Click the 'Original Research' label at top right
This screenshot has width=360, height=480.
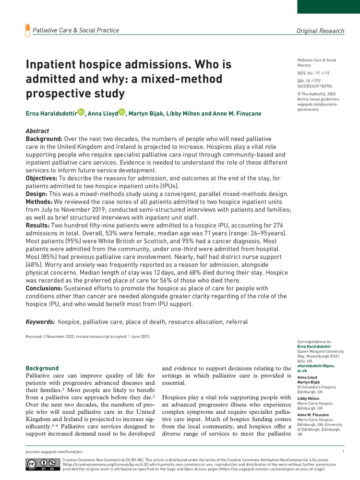pyautogui.click(x=320, y=31)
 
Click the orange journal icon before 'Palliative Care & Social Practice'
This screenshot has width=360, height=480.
pyautogui.click(x=27, y=31)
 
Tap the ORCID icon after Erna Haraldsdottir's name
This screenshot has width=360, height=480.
pyautogui.click(x=94, y=112)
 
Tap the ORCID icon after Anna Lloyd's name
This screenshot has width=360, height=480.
pyautogui.click(x=121, y=112)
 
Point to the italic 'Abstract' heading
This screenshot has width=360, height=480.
pyautogui.click(x=37, y=131)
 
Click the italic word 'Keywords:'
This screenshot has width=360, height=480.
pyautogui.click(x=40, y=322)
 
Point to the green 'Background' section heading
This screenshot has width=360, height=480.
pyautogui.click(x=42, y=368)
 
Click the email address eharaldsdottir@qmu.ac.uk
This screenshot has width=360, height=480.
pyautogui.click(x=315, y=368)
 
